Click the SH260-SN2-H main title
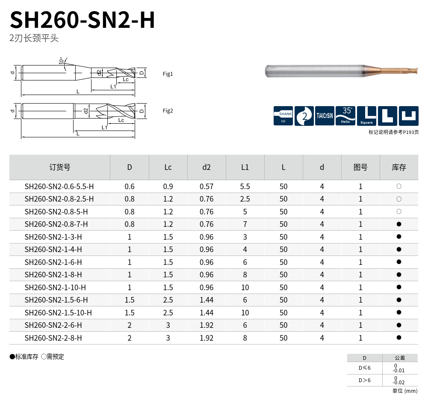point(82,20)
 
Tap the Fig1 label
point(168,74)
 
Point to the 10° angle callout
point(62,61)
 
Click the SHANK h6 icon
point(283,116)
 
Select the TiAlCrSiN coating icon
point(325,116)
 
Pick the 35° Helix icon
point(345,116)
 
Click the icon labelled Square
point(366,116)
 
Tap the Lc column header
point(168,167)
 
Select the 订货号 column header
point(60,167)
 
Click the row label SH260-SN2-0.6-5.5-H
point(59,187)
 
